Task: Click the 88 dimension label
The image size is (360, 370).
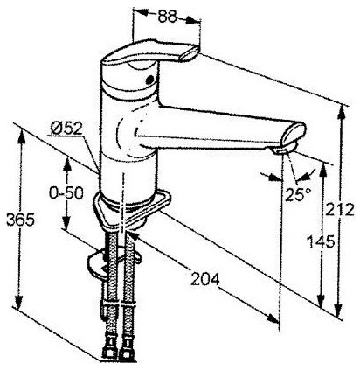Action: tap(168, 17)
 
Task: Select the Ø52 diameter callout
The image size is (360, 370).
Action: tap(66, 128)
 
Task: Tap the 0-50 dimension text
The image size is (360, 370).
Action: tap(66, 192)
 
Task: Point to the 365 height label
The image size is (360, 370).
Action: tap(20, 220)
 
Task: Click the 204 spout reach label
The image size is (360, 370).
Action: tap(205, 279)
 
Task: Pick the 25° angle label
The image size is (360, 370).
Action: tap(298, 194)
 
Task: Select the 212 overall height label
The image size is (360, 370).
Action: tap(340, 209)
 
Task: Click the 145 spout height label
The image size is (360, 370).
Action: tap(321, 241)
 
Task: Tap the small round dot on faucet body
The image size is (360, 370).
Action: tap(149, 80)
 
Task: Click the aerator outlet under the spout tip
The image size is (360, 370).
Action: tap(280, 150)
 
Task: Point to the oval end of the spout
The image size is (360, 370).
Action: tap(294, 134)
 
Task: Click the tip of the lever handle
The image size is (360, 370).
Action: tap(190, 54)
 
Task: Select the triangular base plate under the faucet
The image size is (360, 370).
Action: tap(132, 208)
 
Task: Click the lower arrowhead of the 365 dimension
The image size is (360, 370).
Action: tap(18, 304)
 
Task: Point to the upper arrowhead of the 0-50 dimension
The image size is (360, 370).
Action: tap(67, 164)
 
